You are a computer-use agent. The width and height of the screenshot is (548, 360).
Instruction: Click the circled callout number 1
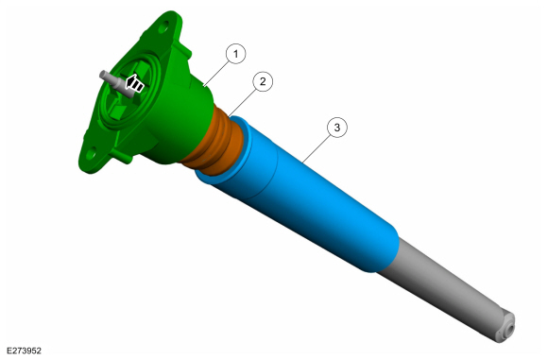point(235,54)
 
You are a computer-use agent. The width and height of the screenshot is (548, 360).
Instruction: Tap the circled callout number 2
point(263,81)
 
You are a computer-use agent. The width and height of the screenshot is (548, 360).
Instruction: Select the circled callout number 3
point(337,128)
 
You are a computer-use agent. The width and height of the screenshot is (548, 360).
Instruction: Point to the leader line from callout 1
point(216,74)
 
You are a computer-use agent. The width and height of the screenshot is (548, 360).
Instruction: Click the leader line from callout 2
point(243,102)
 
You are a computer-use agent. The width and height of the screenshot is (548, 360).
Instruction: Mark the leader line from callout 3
point(317,148)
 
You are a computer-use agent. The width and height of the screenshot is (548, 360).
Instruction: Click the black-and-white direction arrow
point(134,84)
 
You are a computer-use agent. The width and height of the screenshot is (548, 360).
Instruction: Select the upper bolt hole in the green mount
point(163,26)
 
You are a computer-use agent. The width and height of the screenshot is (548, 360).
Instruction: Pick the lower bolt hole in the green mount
point(91,153)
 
